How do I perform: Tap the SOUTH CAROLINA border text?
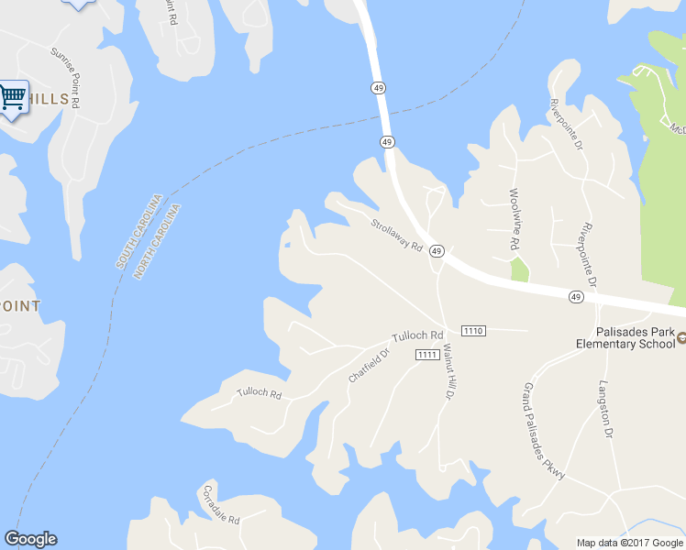(139, 231)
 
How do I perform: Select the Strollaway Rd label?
(396, 235)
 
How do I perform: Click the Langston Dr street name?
(603, 410)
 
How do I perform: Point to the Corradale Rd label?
(221, 504)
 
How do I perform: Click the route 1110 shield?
(473, 330)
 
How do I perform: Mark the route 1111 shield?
(426, 355)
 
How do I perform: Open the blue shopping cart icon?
(12, 96)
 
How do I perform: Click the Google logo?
(30, 539)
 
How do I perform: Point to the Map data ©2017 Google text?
(630, 543)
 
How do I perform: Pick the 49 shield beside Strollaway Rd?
(437, 251)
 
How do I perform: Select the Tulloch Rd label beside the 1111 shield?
(417, 335)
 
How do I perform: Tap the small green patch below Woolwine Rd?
(519, 269)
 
